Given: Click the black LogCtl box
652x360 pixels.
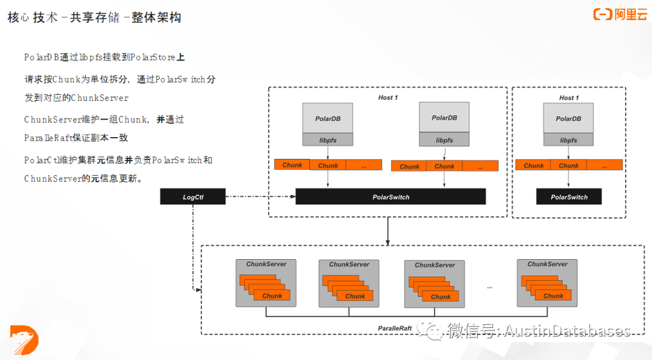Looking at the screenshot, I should click(193, 197).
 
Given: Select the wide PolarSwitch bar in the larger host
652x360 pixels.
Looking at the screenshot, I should click(391, 197).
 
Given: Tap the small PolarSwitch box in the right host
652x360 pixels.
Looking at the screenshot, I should click(569, 197).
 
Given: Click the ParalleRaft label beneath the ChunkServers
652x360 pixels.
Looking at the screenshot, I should click(395, 329).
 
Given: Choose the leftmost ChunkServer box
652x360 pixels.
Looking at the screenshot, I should click(266, 283).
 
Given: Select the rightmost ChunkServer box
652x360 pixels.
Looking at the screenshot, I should click(547, 283).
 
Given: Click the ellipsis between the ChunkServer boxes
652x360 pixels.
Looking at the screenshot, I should click(490, 286).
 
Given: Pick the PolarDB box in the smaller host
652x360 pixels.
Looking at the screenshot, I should click(568, 118).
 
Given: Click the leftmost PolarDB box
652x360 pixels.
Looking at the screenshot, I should click(328, 118).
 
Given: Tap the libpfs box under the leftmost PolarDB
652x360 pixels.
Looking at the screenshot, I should click(328, 140).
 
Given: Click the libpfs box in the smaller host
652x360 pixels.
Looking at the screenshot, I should click(568, 140).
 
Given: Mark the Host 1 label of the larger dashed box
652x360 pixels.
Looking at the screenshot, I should click(388, 97).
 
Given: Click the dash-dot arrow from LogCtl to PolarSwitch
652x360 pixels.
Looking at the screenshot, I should click(260, 197).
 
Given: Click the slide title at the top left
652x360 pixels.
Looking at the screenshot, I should click(94, 18).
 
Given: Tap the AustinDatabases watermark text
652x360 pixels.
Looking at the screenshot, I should click(567, 330).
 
